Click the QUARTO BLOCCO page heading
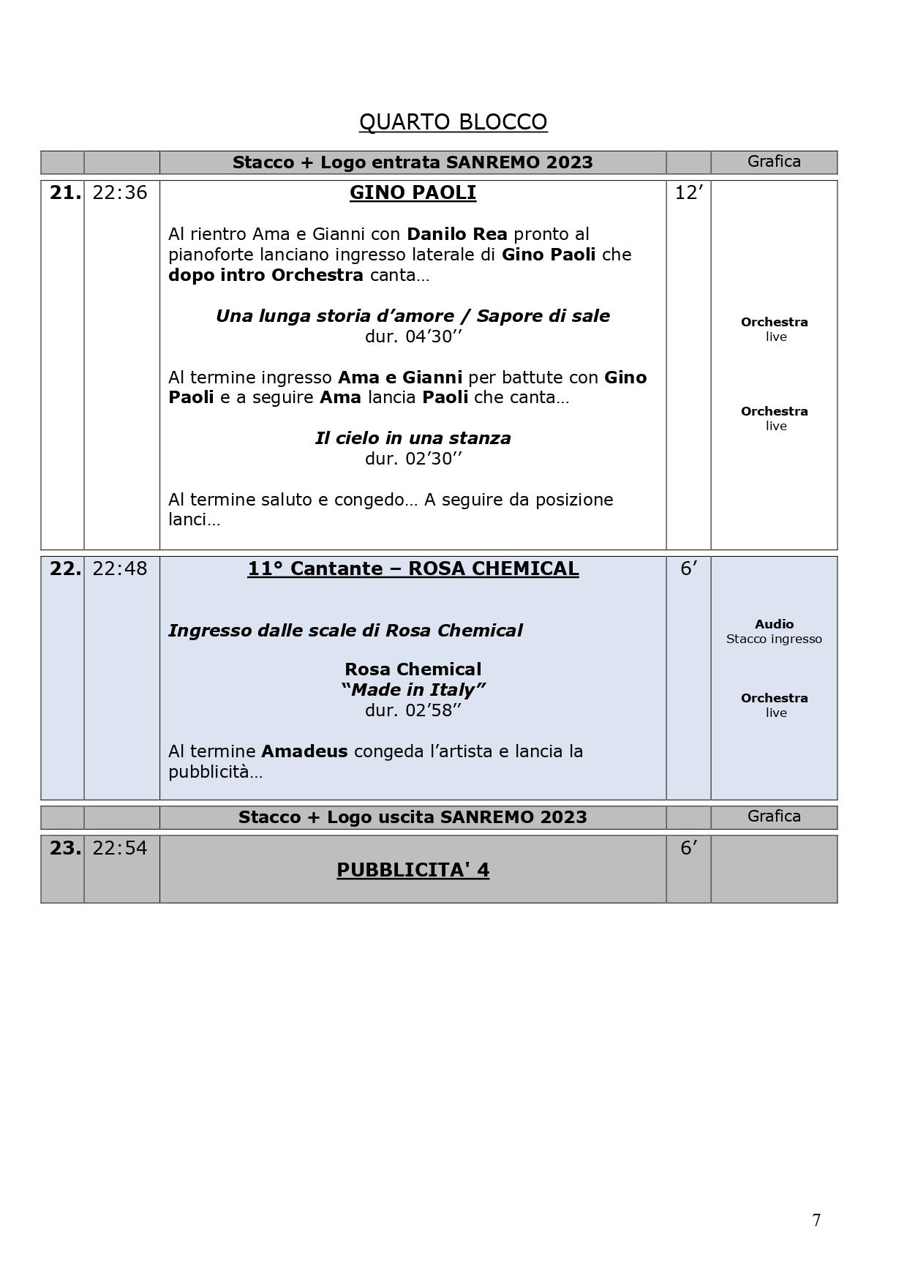click(x=453, y=122)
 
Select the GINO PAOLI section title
click(x=413, y=192)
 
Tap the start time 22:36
click(x=120, y=192)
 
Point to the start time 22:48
click(x=120, y=568)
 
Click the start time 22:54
click(x=120, y=848)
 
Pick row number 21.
click(x=64, y=192)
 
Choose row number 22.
click(x=64, y=568)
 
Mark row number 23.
click(x=64, y=848)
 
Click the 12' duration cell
click(x=688, y=192)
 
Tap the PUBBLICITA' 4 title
click(x=413, y=870)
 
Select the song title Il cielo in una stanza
click(x=413, y=438)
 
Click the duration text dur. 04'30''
click(x=413, y=337)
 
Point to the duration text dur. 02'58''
click(x=413, y=710)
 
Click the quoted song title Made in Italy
click(x=413, y=690)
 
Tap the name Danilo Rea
click(x=456, y=234)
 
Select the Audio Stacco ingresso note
click(x=774, y=631)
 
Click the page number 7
click(x=816, y=1220)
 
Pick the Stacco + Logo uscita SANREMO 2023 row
click(x=413, y=817)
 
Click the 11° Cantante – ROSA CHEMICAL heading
click(x=413, y=568)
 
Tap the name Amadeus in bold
click(x=304, y=751)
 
